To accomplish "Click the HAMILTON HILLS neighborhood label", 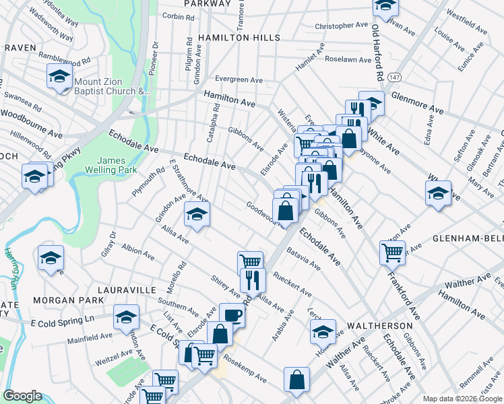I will [x=239, y=38].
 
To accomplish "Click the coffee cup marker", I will [x=232, y=314].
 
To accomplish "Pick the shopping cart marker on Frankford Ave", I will [x=392, y=253].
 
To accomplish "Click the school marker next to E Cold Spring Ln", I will [x=125, y=316].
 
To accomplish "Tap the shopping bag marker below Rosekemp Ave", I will [x=296, y=379].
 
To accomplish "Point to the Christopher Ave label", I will [x=342, y=26].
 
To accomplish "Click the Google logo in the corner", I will [x=22, y=396].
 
